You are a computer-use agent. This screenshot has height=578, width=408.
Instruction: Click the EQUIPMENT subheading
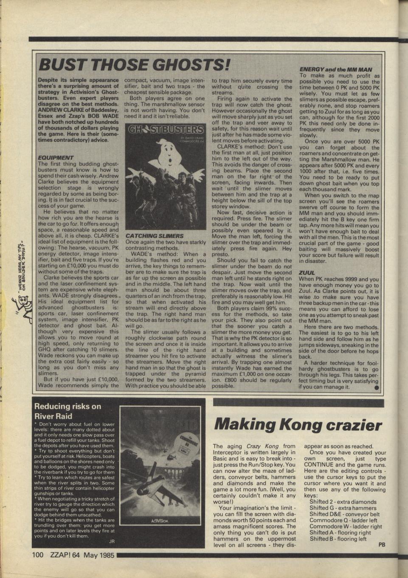[56, 157]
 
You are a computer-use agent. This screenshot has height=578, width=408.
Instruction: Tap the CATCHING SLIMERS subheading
[149, 235]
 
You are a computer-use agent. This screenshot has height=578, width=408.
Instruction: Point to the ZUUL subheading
[307, 273]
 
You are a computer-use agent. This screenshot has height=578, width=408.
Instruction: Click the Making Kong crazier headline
[298, 424]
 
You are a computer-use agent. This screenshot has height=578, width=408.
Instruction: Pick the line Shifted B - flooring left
[338, 539]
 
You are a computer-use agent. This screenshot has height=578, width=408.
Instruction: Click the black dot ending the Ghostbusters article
[376, 387]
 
